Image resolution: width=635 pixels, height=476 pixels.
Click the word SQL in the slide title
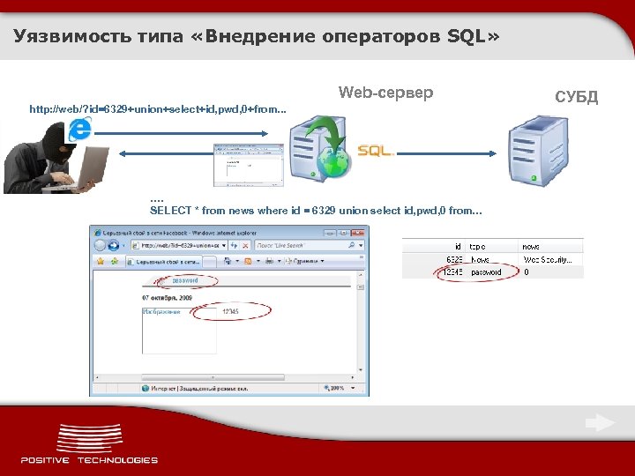[x=469, y=36]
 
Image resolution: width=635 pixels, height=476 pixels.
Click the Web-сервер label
[x=385, y=93]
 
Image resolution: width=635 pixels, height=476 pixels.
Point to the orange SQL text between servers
[x=375, y=151]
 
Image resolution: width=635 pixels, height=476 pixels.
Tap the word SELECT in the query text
[x=169, y=211]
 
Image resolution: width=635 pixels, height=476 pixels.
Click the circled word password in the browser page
[x=185, y=280]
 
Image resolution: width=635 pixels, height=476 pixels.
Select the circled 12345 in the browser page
[x=230, y=311]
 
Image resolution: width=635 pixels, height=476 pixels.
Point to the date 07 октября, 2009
[x=168, y=298]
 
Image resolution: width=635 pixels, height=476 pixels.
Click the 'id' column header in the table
[x=458, y=247]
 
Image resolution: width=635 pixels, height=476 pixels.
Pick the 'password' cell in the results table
[x=486, y=272]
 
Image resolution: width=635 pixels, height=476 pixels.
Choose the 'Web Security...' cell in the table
[x=549, y=259]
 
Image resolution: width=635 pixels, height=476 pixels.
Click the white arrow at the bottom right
[x=601, y=423]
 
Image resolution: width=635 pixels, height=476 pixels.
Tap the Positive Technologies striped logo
[x=89, y=439]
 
